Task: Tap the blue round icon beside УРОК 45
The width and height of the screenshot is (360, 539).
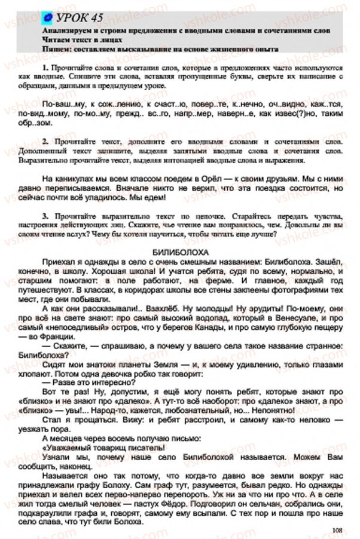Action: tap(45, 19)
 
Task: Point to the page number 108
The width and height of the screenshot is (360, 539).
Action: tap(340, 528)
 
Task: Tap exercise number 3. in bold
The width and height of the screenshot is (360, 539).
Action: tap(47, 215)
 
